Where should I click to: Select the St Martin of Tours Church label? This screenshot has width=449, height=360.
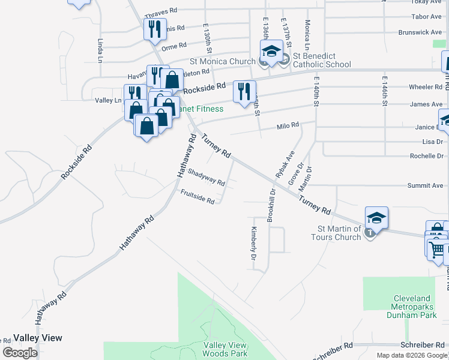point(339,233)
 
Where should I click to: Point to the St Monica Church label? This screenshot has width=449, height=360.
point(223,61)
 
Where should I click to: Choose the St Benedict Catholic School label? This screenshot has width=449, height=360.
point(322,60)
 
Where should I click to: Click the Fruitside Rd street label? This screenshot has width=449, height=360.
point(197,196)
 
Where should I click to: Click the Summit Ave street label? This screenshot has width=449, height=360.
point(425,185)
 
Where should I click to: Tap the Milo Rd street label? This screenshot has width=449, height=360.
point(288,125)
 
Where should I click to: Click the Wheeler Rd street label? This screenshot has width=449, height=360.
point(426,87)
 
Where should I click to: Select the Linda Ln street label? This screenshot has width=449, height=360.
point(100,51)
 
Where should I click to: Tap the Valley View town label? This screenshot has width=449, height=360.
point(38,338)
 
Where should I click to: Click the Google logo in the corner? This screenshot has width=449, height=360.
point(20,353)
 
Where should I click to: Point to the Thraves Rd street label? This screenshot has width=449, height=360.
point(161,11)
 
